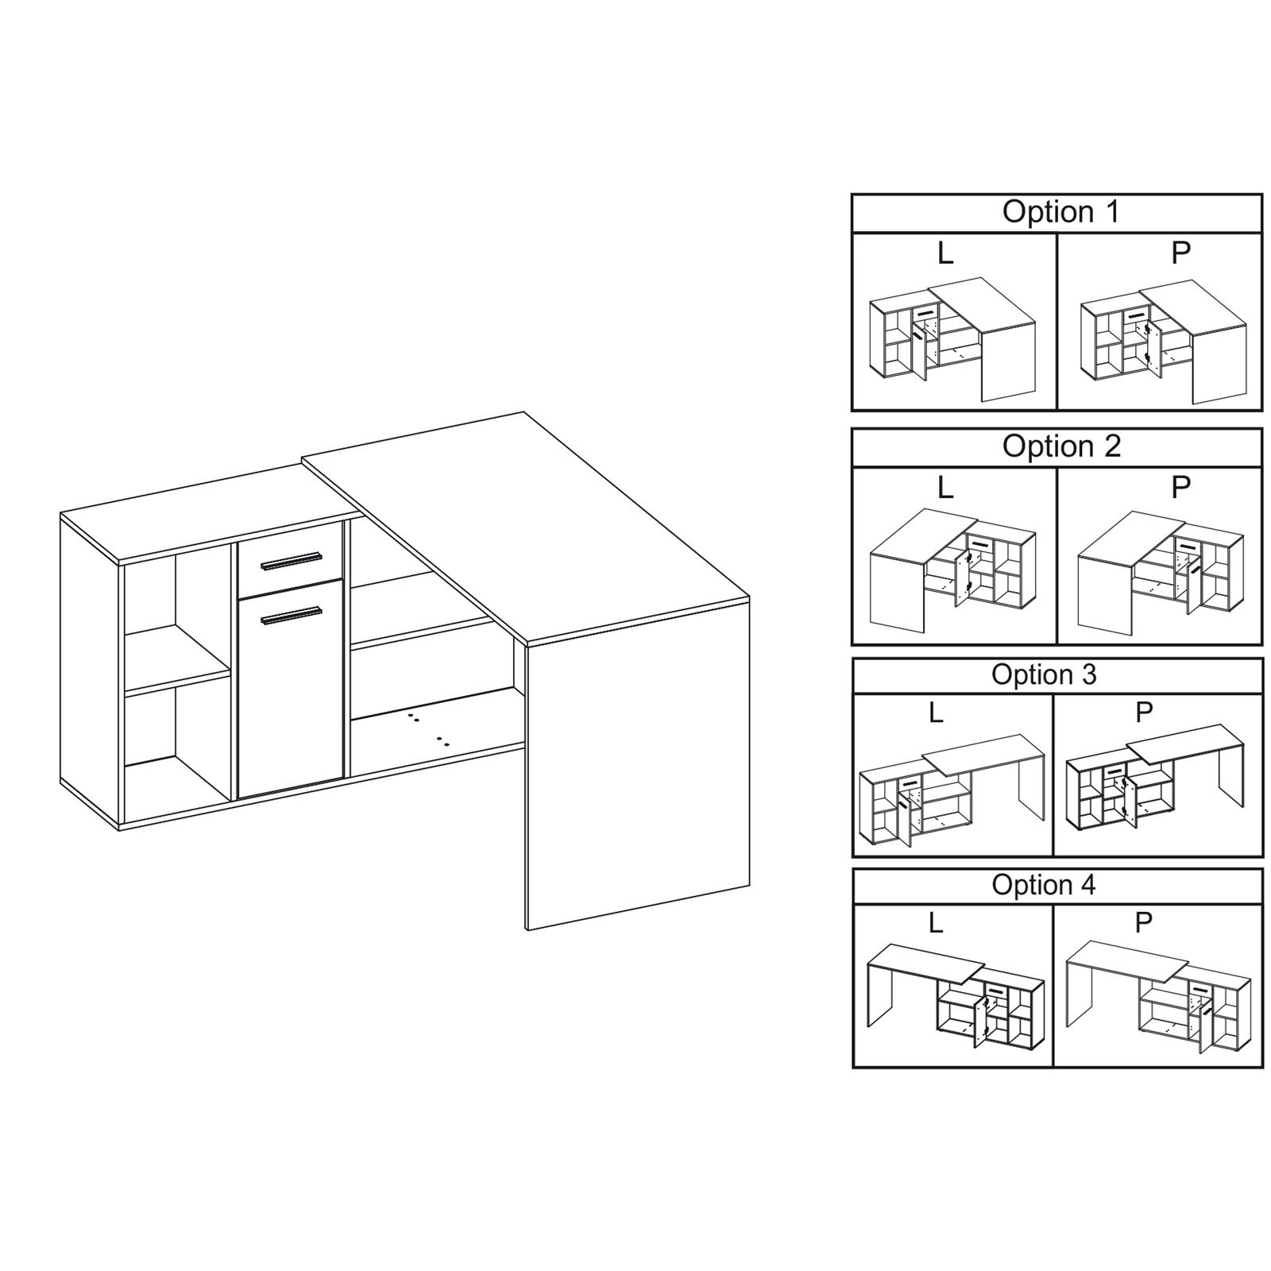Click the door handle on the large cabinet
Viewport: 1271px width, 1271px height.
coord(292,615)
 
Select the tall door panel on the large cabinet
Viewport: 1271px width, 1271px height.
coord(290,688)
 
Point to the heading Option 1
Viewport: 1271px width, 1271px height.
coord(1060,212)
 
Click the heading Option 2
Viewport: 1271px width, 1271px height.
coord(1061,446)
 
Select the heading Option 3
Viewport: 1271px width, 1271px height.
coord(1044,674)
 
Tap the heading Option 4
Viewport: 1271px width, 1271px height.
coord(1044,885)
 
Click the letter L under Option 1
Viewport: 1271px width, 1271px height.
coord(945,253)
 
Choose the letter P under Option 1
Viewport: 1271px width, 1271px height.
coord(1180,253)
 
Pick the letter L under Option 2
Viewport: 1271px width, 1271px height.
coord(945,488)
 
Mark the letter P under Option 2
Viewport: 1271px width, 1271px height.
coord(1180,488)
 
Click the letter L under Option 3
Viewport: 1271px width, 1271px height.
coord(936,713)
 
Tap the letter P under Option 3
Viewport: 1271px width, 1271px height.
coord(1144,713)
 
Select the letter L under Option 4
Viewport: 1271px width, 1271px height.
coord(936,923)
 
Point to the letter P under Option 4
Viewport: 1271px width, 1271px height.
coord(1144,923)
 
